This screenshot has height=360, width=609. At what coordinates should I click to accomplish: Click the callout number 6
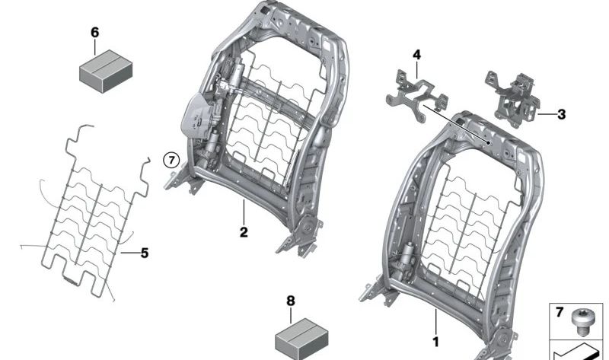click(94, 33)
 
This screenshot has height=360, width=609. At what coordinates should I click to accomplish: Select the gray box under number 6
click(106, 71)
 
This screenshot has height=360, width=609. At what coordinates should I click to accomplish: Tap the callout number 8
click(291, 301)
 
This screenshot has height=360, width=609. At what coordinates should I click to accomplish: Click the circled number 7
click(171, 160)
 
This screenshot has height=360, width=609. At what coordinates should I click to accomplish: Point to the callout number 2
click(244, 232)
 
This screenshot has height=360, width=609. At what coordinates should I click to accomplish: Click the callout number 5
click(145, 253)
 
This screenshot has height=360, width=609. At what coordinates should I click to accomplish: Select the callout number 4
click(416, 55)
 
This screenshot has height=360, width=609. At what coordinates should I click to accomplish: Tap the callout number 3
click(561, 115)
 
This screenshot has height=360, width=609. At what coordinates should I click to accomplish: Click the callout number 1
click(435, 342)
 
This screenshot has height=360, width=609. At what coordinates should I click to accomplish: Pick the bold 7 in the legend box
click(560, 312)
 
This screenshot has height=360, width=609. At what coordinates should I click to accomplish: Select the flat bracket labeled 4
click(416, 95)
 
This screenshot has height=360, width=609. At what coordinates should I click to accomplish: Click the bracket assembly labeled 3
click(513, 99)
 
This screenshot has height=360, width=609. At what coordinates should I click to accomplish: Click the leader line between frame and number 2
click(244, 212)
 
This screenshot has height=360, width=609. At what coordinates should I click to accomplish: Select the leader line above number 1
click(435, 322)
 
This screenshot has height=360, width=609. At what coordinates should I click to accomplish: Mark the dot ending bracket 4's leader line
click(488, 143)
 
